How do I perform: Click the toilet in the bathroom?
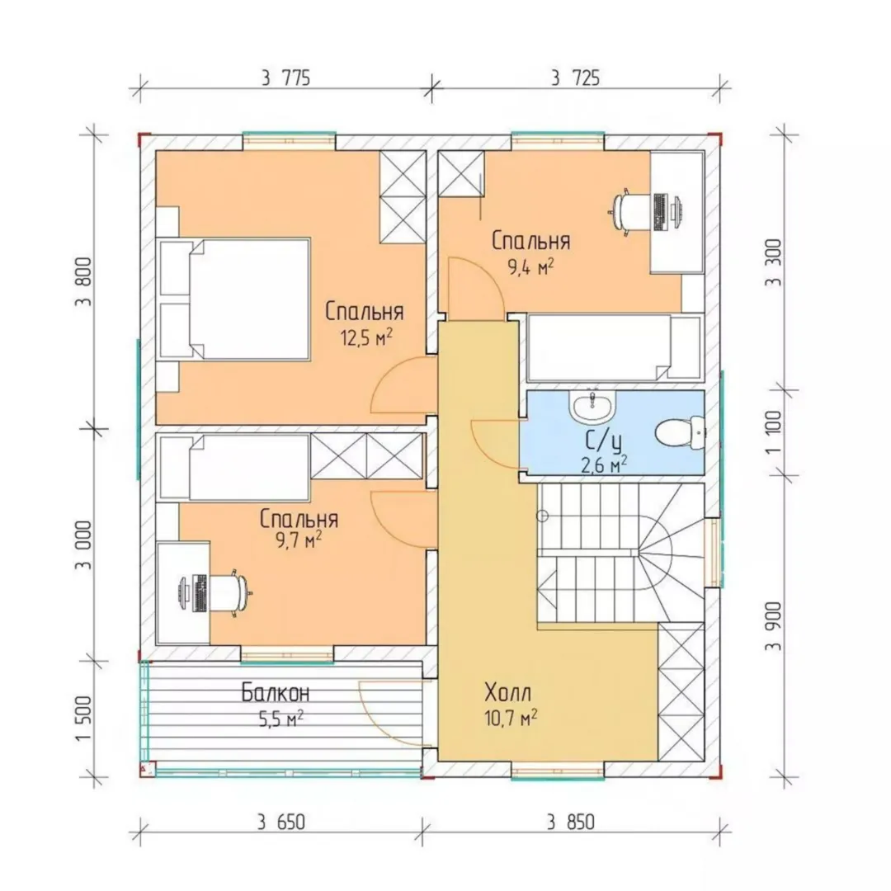point(680,432)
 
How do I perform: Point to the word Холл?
point(508,693)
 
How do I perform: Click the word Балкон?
point(276,693)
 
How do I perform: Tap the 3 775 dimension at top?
point(285,78)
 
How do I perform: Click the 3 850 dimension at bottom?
point(571,823)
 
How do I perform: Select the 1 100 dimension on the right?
point(774,431)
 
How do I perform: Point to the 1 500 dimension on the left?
point(83,719)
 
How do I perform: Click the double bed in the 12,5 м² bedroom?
point(234,299)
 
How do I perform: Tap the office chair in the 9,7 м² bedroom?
point(231,592)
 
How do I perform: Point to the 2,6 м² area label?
point(603,464)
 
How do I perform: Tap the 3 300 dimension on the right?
point(774,262)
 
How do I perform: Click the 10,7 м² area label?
point(511,719)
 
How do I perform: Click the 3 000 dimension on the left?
point(83,545)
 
